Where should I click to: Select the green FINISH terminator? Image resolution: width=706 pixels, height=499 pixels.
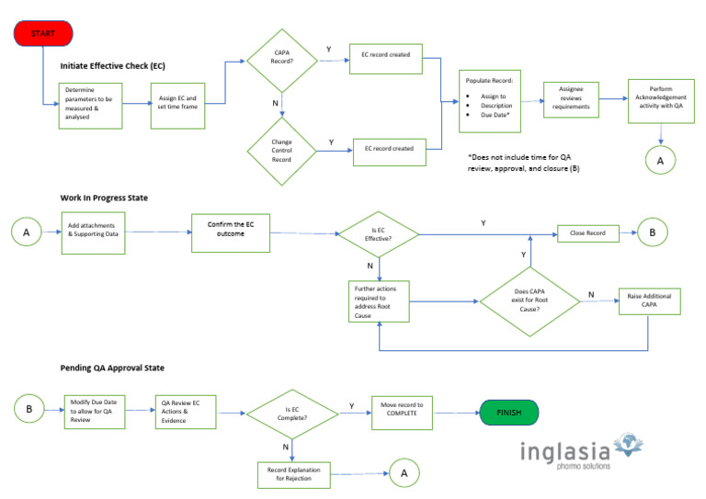508,413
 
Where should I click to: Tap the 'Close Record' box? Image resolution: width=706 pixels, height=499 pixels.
587,233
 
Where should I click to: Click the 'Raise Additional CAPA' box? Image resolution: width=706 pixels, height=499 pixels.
649,301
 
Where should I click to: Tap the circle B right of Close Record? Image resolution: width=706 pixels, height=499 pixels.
652,233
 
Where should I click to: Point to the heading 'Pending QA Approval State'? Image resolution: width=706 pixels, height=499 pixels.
112,369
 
